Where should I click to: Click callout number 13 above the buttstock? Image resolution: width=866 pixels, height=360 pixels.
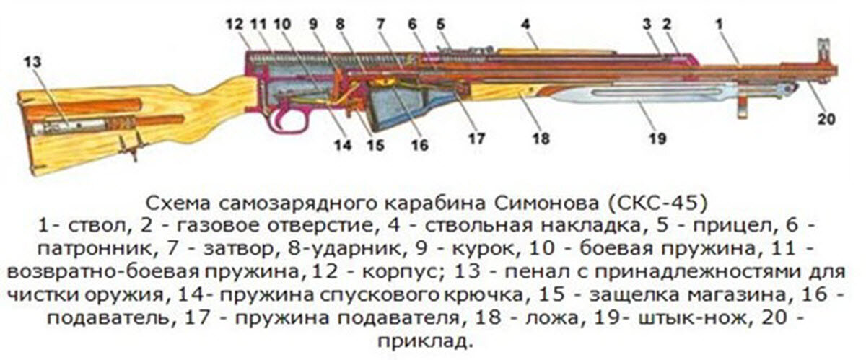(x=32, y=61)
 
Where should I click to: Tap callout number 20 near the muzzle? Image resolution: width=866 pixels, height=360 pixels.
(x=825, y=119)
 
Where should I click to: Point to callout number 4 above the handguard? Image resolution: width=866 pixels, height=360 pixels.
(x=526, y=24)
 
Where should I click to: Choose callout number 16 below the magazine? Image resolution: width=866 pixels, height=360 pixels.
(x=419, y=145)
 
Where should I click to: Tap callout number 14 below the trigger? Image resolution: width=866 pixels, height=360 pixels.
(x=342, y=145)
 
